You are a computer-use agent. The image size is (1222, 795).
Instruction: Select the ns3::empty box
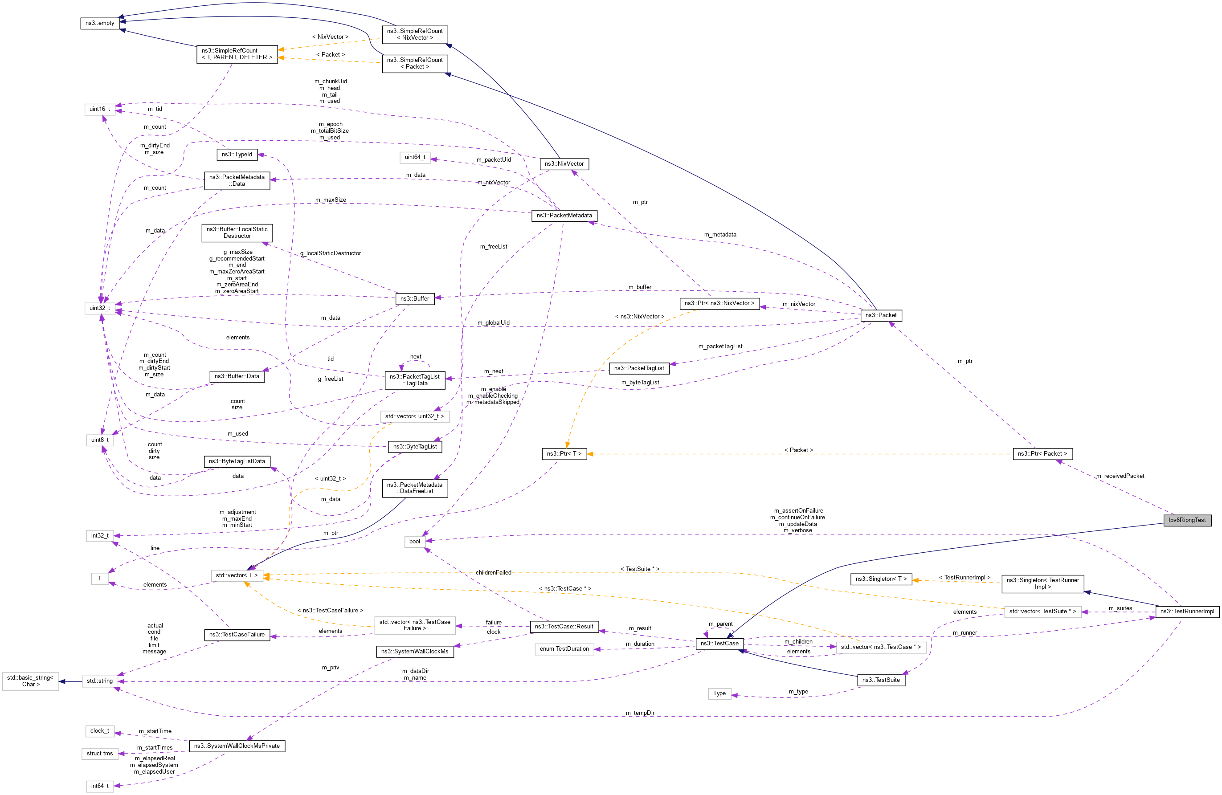pos(100,23)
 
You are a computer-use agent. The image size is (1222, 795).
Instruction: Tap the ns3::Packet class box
pos(881,315)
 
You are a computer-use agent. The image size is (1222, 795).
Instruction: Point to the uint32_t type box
pos(100,308)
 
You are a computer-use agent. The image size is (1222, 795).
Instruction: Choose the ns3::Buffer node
pos(414,299)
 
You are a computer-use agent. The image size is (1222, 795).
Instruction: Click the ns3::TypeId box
pos(237,155)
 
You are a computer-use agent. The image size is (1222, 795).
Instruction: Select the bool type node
pos(414,542)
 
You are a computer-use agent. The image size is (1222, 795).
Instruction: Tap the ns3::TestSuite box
pos(881,680)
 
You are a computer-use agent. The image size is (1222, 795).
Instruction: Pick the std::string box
pos(100,681)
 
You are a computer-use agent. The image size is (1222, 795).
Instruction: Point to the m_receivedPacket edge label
pos(1120,476)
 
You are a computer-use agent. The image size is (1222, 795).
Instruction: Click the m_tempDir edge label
pos(640,713)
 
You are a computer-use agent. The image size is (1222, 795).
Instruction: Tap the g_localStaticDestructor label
pos(330,253)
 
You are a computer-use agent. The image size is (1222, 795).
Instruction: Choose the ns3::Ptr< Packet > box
pos(1042,454)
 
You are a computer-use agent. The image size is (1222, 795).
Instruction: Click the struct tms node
pos(100,754)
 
